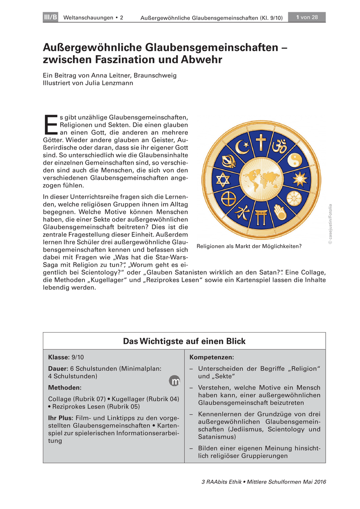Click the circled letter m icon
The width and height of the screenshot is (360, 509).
coord(175,381)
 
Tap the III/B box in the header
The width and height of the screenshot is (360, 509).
coord(51,17)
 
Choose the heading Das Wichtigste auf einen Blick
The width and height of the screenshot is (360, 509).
coord(184,341)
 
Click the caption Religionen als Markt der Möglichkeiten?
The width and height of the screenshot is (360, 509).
coord(248,246)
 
